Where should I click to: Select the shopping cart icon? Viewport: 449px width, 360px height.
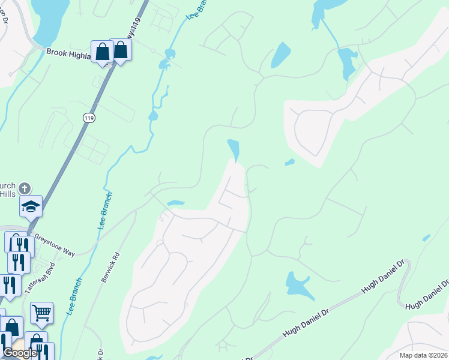click(x=41, y=313)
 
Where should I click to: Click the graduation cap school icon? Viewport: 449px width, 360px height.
click(x=31, y=207)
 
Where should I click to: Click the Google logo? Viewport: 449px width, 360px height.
click(x=19, y=353)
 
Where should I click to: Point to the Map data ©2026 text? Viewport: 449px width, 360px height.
click(x=423, y=355)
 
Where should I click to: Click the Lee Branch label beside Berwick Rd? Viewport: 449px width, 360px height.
click(x=103, y=211)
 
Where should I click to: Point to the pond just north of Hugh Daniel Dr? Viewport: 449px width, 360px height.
click(x=297, y=284)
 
